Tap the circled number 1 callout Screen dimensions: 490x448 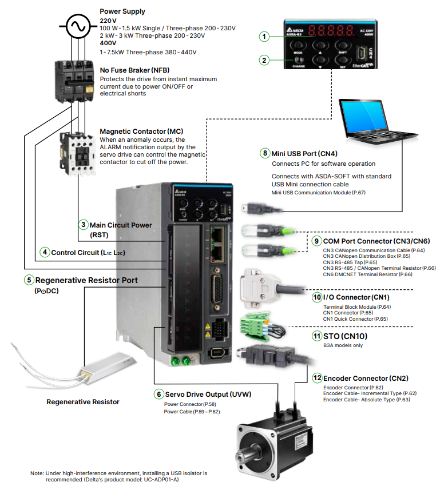tap(264, 37)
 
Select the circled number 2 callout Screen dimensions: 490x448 tap(264, 59)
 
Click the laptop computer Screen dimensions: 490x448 tap(373, 123)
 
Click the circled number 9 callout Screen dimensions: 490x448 tap(316, 241)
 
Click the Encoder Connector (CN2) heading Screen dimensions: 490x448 tap(366, 378)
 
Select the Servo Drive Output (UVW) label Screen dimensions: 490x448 tap(208, 395)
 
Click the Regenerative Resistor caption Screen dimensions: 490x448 tap(83, 402)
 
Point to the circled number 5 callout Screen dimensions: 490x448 tap(29, 280)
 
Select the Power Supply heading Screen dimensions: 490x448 tap(122, 11)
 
